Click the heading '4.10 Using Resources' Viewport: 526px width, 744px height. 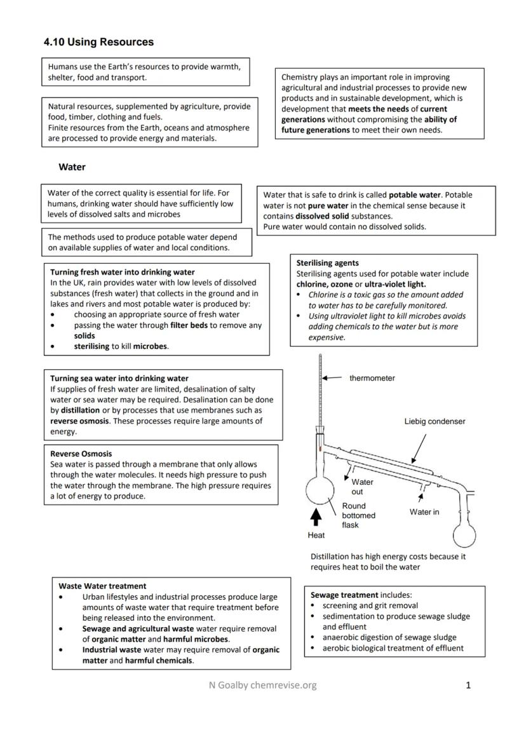pos(98,42)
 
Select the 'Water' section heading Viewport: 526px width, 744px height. pos(72,167)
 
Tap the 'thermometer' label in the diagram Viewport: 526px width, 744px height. pos(372,378)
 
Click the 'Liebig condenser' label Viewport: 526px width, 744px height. pos(435,421)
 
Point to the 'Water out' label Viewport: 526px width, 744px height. pos(362,487)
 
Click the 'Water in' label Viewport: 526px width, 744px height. pos(424,511)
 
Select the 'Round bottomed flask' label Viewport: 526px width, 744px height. pos(358,515)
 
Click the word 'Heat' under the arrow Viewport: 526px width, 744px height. pos(316,536)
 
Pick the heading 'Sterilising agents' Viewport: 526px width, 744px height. pos(327,263)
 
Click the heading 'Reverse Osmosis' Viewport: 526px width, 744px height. pos(81,454)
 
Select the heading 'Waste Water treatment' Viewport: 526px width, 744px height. pos(102,586)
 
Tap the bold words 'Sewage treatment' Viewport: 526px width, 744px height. pos(344,595)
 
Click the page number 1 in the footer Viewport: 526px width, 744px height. pos(468,685)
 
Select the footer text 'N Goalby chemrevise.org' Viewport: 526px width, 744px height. pos(262,685)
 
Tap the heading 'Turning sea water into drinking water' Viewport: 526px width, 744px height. pos(119,378)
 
